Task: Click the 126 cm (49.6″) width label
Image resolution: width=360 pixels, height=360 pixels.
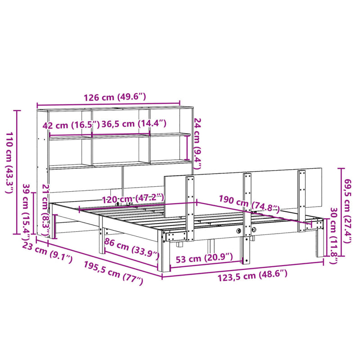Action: (108, 97)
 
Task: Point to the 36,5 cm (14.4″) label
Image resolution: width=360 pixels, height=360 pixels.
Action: (134, 125)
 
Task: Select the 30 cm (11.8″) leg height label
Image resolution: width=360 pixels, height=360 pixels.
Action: (333, 234)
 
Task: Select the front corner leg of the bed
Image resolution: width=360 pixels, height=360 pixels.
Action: (165, 254)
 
